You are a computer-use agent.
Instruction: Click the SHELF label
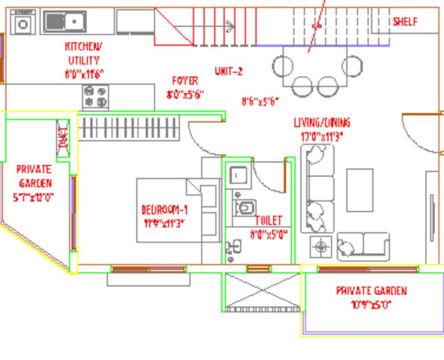405,22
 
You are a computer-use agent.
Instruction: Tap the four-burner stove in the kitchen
96,97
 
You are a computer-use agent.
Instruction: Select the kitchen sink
65,21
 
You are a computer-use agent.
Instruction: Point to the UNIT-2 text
229,71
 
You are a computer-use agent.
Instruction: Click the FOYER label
185,81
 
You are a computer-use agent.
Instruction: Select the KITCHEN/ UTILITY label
84,53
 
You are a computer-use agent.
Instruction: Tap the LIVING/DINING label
322,123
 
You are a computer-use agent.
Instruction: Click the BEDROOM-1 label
164,210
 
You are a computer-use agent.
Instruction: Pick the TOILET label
269,220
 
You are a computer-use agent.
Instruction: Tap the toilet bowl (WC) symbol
244,206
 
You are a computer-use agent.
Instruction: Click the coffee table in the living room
360,190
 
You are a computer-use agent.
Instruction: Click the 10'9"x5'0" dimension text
371,305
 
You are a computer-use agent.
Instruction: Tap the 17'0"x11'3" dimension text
322,137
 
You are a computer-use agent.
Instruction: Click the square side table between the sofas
321,247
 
